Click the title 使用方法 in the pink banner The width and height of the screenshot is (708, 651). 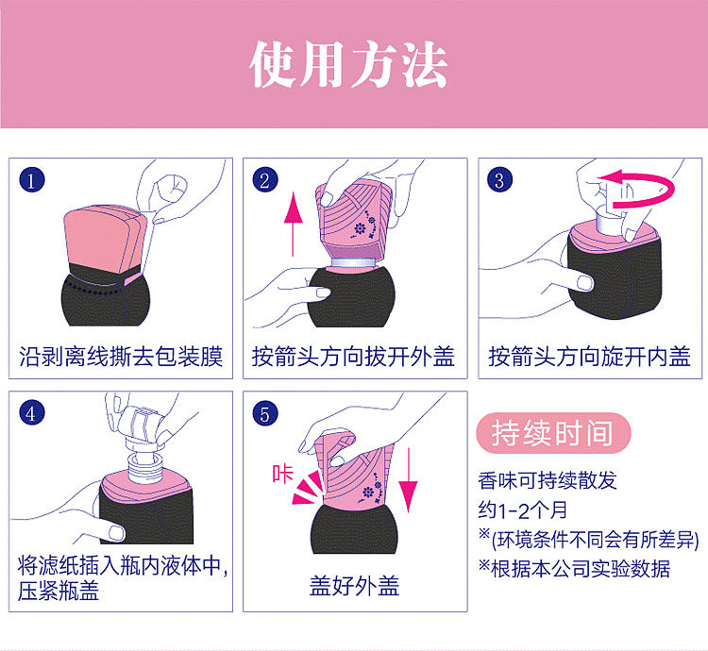(x=348, y=64)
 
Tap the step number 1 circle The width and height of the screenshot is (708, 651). (x=31, y=180)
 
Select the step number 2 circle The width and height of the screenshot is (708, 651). (x=265, y=180)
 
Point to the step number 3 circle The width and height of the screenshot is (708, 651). (x=499, y=180)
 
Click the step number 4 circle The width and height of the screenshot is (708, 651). (x=31, y=413)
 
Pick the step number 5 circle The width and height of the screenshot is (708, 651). (x=265, y=413)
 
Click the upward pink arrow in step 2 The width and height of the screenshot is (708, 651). (x=294, y=224)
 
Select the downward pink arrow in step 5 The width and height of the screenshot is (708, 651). (x=408, y=480)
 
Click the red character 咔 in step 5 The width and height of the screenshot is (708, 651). (x=282, y=474)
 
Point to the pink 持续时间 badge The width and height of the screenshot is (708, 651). (x=553, y=433)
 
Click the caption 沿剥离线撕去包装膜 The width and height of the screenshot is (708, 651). (x=121, y=357)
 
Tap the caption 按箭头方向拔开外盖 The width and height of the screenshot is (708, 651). (x=353, y=357)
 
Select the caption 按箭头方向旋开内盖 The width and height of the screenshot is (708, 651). (x=589, y=357)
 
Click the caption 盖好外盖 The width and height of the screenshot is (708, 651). (x=354, y=586)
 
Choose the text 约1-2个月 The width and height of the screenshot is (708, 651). (x=523, y=510)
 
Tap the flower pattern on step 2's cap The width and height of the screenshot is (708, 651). (x=362, y=228)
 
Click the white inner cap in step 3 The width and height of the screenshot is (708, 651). (x=609, y=221)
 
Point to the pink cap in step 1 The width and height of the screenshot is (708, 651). (x=105, y=239)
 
